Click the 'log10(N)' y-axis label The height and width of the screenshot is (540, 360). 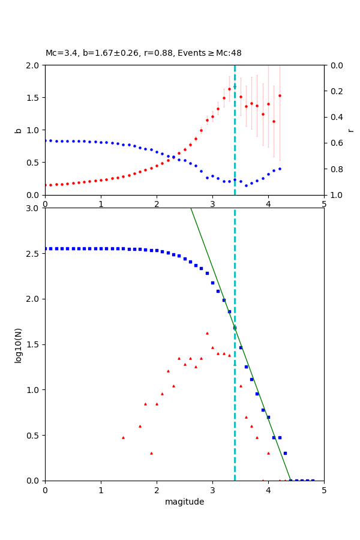tap(18, 344)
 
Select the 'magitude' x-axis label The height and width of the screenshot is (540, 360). tap(184, 502)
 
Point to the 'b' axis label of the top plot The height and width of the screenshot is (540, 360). tap(18, 130)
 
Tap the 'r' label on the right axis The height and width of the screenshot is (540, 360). tap(350, 130)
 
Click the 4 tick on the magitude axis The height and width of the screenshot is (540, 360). tap(268, 490)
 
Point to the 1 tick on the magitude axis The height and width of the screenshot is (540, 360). tap(101, 490)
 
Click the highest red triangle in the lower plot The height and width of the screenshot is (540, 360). tap(207, 333)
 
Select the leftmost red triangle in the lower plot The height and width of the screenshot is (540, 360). tap(123, 437)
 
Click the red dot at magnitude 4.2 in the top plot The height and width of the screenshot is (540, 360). tap(280, 95)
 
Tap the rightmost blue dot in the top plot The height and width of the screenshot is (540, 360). tap(280, 169)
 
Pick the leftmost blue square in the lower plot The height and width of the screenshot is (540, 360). tap(46, 248)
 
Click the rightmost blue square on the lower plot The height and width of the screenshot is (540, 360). tap(313, 480)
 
